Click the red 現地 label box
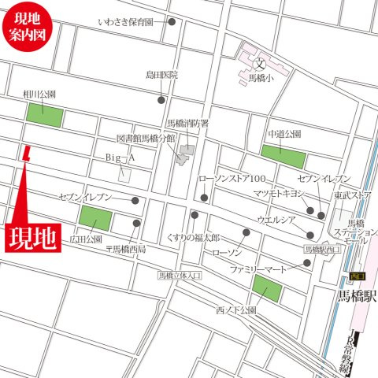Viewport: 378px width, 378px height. pos(34,238)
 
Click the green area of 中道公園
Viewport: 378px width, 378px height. pos(283,155)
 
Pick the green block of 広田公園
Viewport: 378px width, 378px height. pos(95,219)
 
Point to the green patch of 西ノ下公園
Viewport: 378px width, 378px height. pos(266,289)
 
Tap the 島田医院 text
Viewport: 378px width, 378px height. pos(161,76)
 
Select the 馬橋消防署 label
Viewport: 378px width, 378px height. pos(187,124)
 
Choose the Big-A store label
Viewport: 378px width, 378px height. pos(120,157)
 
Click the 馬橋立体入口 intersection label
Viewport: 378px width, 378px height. pos(180,276)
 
